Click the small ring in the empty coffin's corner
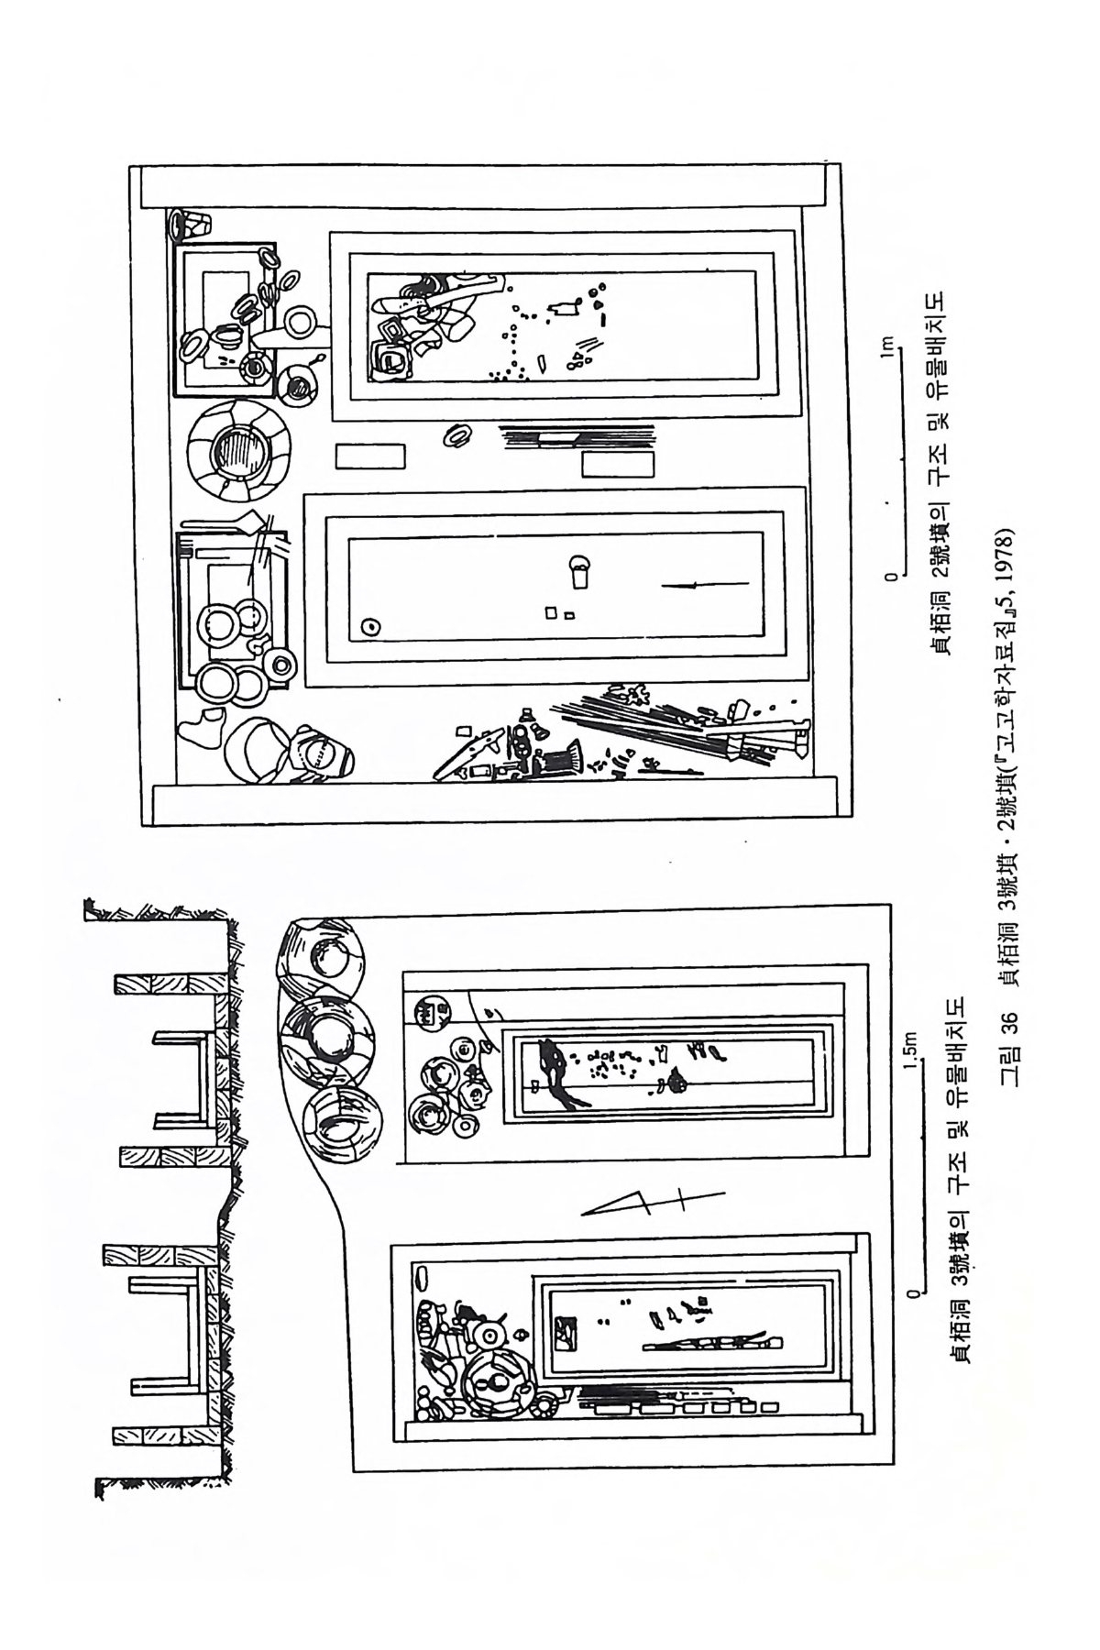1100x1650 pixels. click(371, 627)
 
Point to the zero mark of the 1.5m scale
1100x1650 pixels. click(912, 1292)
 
